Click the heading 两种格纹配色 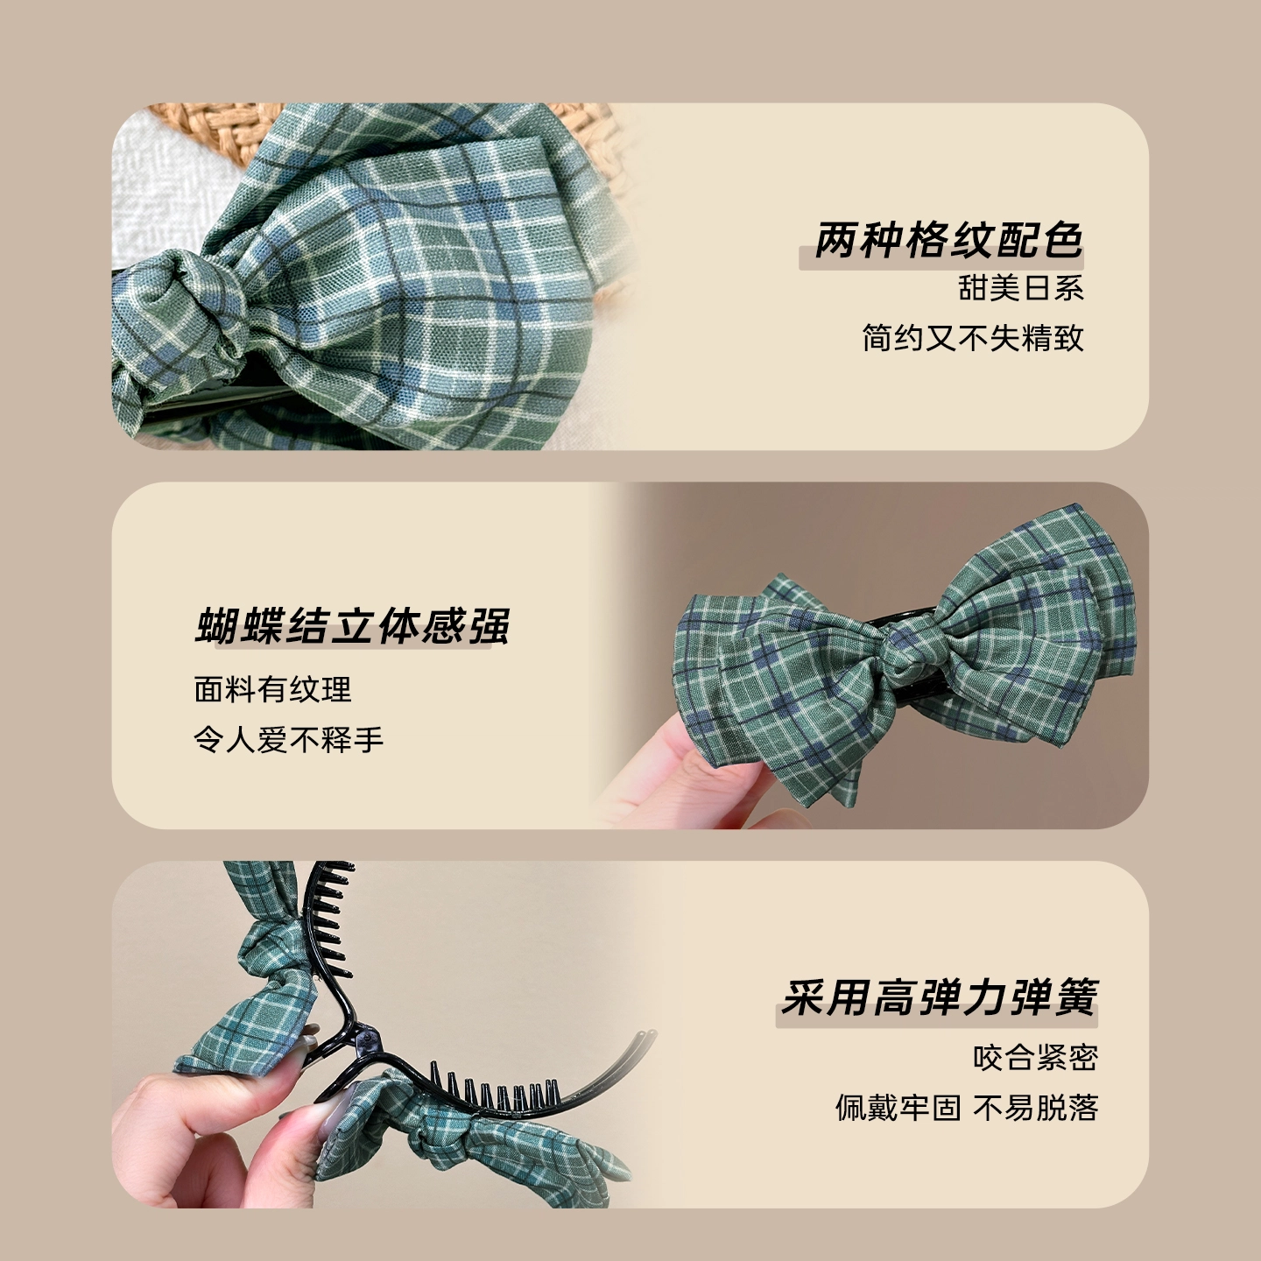(x=948, y=240)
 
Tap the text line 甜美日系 (x=1021, y=288)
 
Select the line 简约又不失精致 (x=972, y=338)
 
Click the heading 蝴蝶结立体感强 (x=352, y=625)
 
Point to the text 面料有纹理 (x=273, y=689)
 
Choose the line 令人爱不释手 (x=289, y=739)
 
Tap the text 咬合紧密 (x=1035, y=1057)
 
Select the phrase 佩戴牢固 (x=898, y=1107)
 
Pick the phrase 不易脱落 (x=1035, y=1107)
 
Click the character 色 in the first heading (x=1060, y=240)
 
